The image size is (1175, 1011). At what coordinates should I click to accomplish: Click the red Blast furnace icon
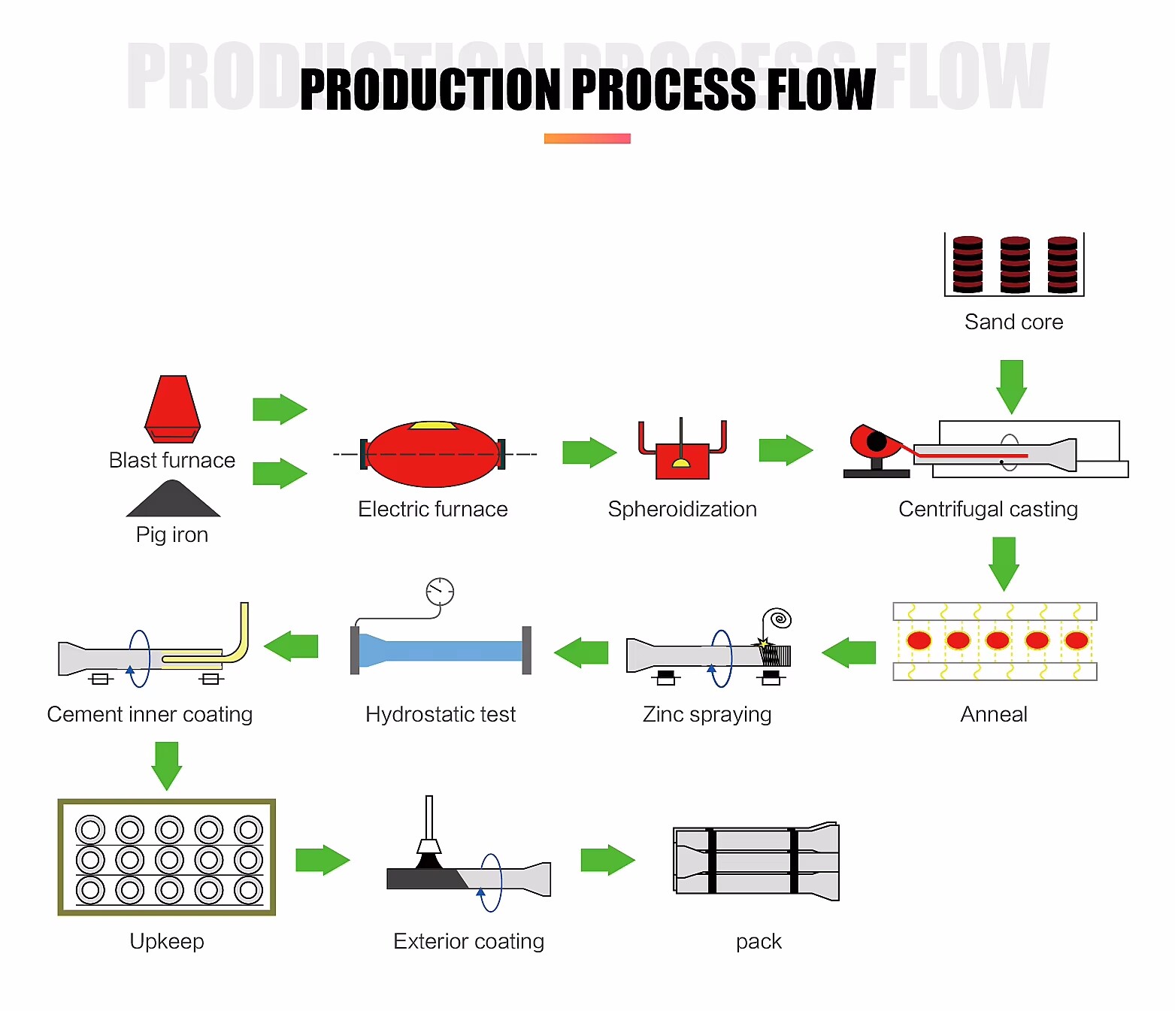[172, 408]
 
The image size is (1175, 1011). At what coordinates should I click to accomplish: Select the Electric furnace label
[432, 510]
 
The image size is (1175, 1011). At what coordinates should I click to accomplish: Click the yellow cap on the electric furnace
[433, 425]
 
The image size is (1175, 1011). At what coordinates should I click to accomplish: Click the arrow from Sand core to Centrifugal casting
[1011, 386]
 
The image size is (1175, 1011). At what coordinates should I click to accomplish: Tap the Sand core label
[1013, 322]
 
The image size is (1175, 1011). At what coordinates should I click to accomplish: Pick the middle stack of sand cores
[1015, 265]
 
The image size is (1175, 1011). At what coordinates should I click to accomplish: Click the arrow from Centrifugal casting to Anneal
[1004, 562]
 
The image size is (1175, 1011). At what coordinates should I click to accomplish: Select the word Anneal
[993, 715]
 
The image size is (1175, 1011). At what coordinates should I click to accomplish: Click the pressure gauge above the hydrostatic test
[440, 592]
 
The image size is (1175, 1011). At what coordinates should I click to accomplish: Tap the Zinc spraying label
[707, 715]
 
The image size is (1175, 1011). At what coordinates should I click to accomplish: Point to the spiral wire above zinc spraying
[779, 619]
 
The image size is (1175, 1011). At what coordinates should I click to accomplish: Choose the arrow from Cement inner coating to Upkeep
[166, 765]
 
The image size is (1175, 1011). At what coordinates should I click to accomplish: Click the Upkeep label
[167, 942]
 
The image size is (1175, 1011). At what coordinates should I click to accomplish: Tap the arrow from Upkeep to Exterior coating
[323, 860]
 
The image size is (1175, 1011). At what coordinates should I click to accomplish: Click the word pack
[759, 942]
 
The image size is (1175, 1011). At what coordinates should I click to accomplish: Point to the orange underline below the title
[587, 138]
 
